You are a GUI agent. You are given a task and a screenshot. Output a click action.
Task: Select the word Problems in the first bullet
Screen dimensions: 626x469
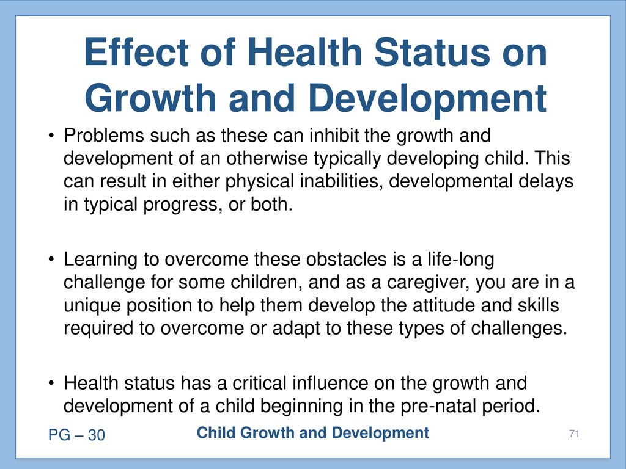(x=104, y=135)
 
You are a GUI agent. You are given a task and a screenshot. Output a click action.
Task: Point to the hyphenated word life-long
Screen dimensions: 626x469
(x=461, y=259)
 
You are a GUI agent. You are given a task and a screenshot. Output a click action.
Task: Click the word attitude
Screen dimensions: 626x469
(x=444, y=305)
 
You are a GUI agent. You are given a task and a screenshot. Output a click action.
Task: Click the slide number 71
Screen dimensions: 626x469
(x=574, y=434)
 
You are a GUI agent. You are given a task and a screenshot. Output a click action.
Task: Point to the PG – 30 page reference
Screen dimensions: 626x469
(x=76, y=435)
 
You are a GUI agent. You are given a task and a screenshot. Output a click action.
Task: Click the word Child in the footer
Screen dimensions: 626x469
(x=216, y=433)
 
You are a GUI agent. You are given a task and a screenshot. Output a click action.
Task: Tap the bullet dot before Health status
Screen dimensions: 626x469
(x=51, y=384)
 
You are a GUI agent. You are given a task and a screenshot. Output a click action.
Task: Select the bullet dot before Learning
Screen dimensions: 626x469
(x=51, y=260)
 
